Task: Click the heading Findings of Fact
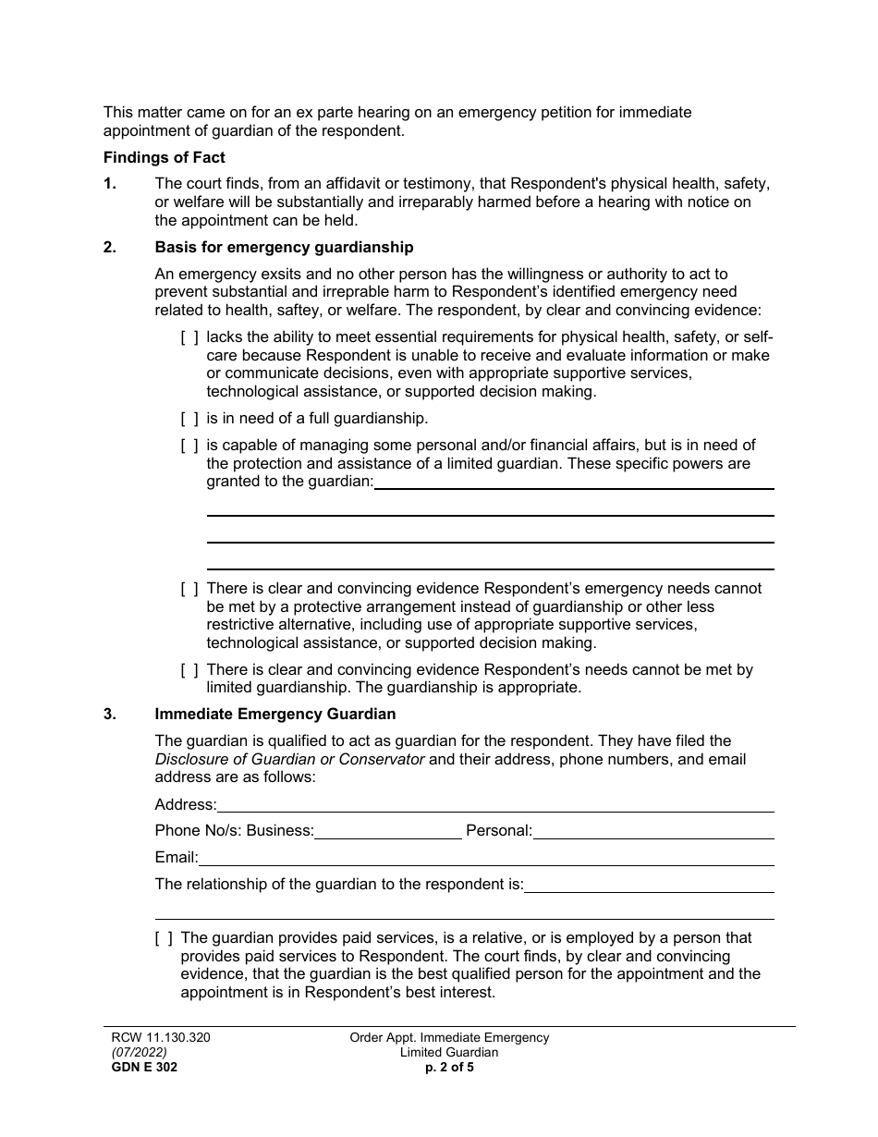[x=164, y=157]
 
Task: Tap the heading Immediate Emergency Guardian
[x=274, y=714]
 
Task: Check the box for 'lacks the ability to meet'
[x=189, y=337]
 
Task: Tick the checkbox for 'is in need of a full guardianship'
[x=189, y=419]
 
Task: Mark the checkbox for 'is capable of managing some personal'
[x=189, y=446]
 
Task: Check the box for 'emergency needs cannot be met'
[x=189, y=588]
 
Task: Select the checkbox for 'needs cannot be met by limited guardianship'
[x=189, y=669]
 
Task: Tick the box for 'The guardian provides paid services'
[x=164, y=938]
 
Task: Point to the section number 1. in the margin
[x=110, y=184]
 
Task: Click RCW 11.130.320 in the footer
[x=156, y=1037]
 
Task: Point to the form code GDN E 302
[x=140, y=1067]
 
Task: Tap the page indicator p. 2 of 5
[x=448, y=1067]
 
